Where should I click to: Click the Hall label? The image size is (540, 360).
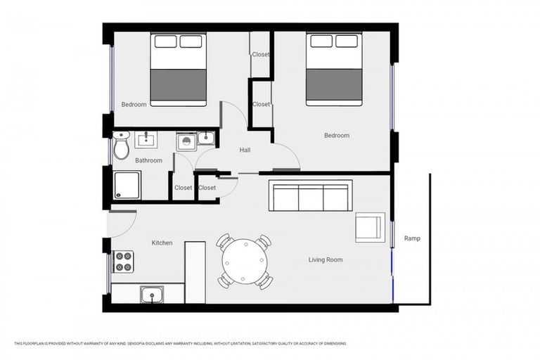pyautogui.click(x=245, y=150)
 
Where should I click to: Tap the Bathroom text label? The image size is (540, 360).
pyautogui.click(x=148, y=160)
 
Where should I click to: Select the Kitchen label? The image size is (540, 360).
pyautogui.click(x=162, y=243)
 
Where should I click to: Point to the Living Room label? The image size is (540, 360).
pyautogui.click(x=326, y=260)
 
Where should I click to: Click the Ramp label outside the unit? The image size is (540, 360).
pyautogui.click(x=412, y=238)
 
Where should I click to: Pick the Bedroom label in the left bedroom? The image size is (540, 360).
pyautogui.click(x=134, y=105)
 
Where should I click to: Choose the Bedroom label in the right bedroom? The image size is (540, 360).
pyautogui.click(x=336, y=136)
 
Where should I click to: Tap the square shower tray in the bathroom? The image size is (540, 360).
pyautogui.click(x=127, y=186)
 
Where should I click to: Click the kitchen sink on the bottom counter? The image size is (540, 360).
pyautogui.click(x=152, y=294)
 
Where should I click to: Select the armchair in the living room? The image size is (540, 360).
pyautogui.click(x=369, y=226)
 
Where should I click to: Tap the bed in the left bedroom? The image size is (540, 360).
pyautogui.click(x=179, y=70)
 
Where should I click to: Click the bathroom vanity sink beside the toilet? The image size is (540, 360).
pyautogui.click(x=146, y=139)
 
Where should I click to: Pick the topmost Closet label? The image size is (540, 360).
pyautogui.click(x=261, y=54)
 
